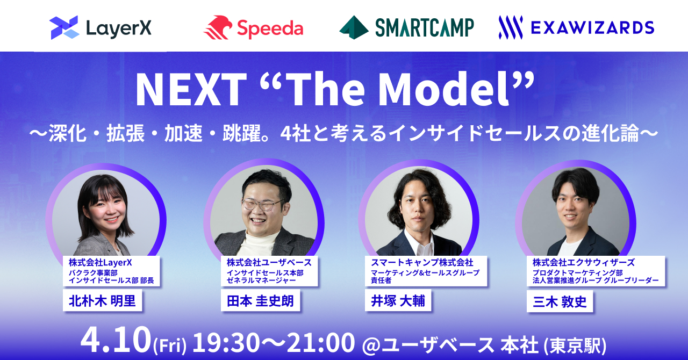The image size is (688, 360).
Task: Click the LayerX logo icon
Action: click(64, 27)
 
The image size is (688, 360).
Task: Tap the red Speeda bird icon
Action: click(218, 27)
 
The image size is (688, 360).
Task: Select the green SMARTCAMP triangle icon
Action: click(354, 27)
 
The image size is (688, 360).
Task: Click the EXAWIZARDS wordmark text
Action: click(592, 28)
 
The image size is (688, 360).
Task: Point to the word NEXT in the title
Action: click(191, 89)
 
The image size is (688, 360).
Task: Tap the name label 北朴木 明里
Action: click(102, 300)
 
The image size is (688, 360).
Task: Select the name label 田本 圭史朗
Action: click(260, 300)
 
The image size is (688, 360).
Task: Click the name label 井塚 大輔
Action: click(398, 300)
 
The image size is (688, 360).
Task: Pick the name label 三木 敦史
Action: click(560, 301)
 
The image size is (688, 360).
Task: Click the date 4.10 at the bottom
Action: click(116, 340)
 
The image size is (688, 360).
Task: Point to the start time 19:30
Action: click(226, 342)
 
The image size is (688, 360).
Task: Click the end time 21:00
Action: click(320, 342)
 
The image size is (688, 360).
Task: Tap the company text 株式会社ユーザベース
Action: click(269, 263)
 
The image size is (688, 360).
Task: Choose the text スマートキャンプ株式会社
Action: click(422, 263)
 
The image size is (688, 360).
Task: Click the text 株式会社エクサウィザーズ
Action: click(584, 263)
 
